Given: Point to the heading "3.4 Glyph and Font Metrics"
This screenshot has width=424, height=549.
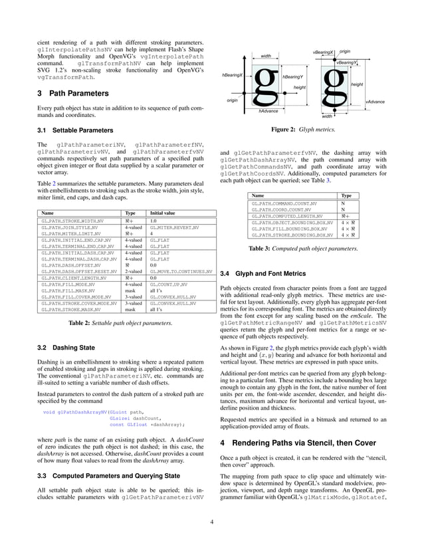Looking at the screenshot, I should [x=263, y=273].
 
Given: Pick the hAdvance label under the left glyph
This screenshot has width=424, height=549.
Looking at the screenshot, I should [x=268, y=111].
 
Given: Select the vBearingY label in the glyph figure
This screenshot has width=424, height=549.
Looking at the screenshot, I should [x=346, y=62].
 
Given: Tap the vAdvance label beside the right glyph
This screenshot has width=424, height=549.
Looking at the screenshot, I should [x=375, y=102].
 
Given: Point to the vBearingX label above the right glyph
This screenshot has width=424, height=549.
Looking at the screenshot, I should [x=323, y=52].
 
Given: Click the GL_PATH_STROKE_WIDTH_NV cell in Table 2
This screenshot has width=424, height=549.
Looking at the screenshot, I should [x=72, y=221].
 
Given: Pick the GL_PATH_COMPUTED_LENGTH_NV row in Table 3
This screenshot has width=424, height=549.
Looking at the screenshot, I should [x=286, y=216].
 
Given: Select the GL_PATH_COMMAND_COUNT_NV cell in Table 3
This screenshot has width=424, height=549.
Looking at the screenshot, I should [x=284, y=203].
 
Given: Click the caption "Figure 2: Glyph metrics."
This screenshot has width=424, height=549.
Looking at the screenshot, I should [x=305, y=130].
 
